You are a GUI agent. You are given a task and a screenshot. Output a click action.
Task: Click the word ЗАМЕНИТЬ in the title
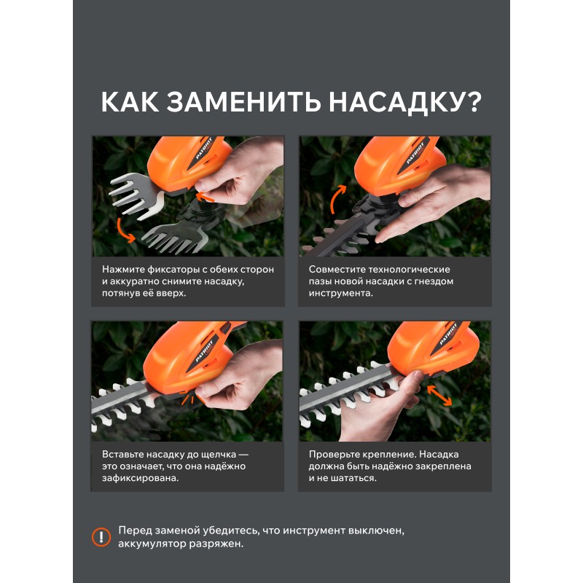coord(244,101)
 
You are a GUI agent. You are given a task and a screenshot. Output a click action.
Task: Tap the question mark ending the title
coord(473,101)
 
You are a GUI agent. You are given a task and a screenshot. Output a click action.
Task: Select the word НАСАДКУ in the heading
coord(396,102)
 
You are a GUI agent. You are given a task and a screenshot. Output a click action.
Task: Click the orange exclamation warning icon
coord(101,537)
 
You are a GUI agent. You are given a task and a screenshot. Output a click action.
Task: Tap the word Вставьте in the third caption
coord(122,454)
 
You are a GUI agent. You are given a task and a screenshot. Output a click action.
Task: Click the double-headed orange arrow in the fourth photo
coord(439,395)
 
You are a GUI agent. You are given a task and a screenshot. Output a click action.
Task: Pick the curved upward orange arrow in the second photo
coord(336,198)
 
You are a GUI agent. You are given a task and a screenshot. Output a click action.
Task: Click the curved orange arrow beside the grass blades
coord(124,231)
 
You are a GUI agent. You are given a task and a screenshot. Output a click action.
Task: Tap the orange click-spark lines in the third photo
coord(189,399)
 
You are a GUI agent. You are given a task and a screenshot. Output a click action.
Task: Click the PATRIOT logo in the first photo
coord(204,148)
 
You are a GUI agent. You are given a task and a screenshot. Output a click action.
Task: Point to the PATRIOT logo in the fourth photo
coord(448,334)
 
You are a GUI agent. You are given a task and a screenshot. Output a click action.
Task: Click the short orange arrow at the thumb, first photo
coord(205,196)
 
